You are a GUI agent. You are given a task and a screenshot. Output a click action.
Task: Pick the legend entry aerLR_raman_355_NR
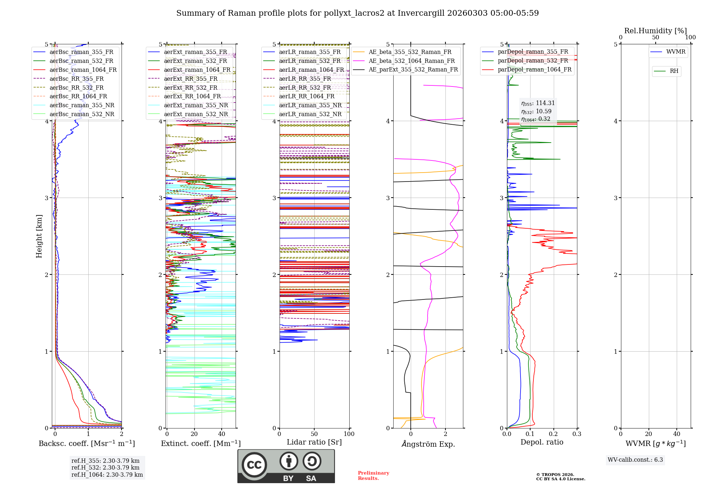310,105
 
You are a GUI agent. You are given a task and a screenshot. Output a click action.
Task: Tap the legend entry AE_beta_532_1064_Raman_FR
411,61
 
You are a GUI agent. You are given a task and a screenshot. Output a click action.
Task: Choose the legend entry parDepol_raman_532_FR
533,61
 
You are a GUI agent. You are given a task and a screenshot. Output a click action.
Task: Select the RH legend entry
674,71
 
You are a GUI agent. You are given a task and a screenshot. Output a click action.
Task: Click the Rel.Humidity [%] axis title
655,31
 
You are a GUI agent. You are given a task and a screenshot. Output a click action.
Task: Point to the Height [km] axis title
39,236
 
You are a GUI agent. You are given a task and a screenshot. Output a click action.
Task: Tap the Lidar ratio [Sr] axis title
314,442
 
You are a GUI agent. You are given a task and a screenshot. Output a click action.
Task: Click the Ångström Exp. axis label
428,444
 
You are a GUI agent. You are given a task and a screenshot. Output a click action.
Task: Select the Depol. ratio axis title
542,442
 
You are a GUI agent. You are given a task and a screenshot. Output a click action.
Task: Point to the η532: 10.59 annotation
536,111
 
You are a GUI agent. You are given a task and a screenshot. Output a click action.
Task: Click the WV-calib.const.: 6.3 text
635,460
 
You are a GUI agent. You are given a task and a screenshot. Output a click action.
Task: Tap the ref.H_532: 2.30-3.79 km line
105,467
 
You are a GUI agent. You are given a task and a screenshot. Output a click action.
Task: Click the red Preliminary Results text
373,476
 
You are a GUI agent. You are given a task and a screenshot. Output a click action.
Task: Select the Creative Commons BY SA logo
286,466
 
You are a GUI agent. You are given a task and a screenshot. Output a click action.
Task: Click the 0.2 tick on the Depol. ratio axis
553,434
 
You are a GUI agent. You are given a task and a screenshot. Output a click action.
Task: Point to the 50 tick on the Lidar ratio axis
314,434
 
